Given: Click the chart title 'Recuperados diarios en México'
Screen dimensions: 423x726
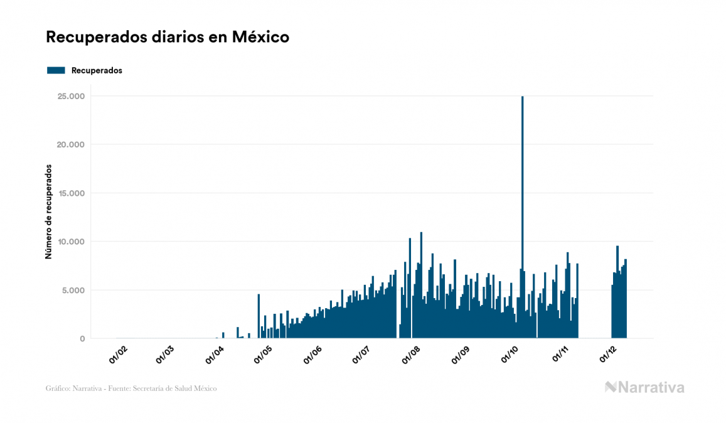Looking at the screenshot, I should (168, 37).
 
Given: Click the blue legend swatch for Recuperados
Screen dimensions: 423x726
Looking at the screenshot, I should (56, 70).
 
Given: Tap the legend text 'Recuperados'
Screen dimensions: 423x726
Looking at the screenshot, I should (97, 70).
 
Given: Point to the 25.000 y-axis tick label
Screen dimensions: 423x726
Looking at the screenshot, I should (72, 96).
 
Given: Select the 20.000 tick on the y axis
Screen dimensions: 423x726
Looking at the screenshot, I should (72, 144).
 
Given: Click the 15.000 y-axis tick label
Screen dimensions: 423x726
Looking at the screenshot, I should (72, 193).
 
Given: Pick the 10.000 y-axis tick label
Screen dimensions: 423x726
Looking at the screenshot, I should (72, 242).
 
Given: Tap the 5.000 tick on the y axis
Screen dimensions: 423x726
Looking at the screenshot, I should (74, 290).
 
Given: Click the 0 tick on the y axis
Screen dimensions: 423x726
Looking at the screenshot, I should (82, 339).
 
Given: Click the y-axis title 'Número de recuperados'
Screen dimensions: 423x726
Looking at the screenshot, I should (48, 211).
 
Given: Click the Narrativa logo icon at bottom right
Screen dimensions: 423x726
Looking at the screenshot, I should (611, 387).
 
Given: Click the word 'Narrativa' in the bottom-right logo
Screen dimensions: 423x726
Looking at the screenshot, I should (652, 387).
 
